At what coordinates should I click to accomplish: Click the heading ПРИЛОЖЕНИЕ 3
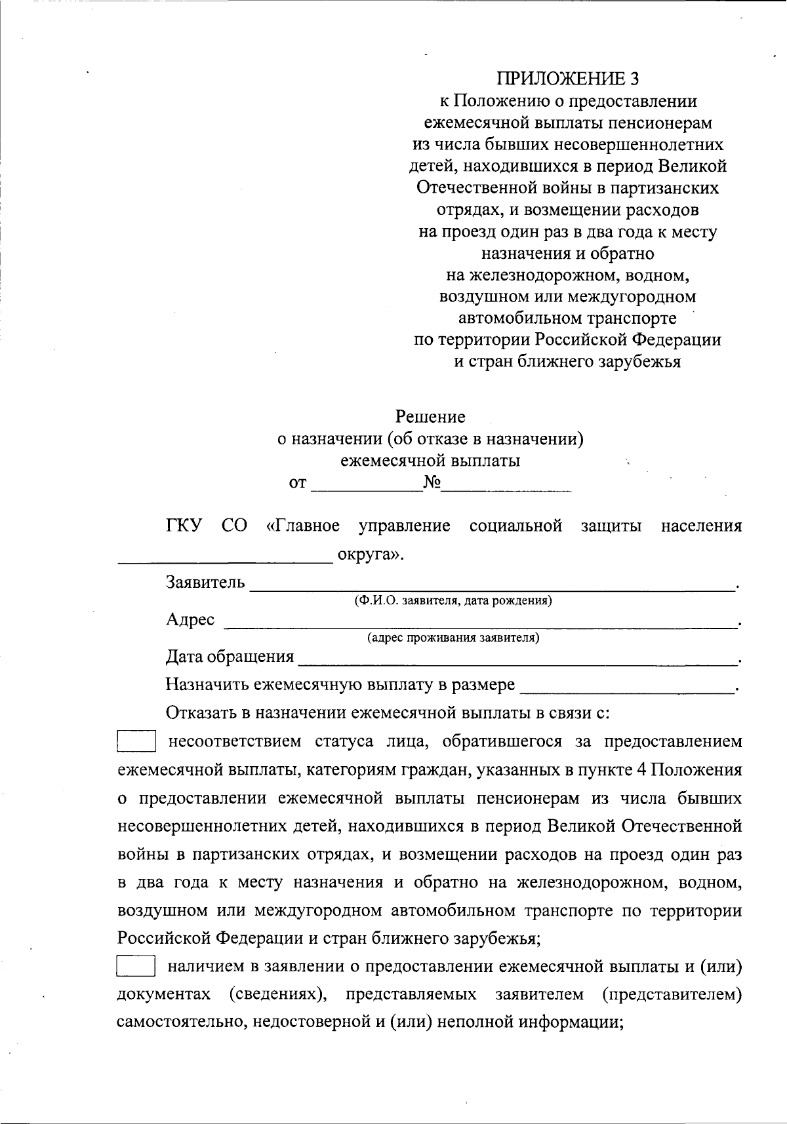pyautogui.click(x=567, y=79)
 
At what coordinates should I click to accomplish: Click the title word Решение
pyautogui.click(x=430, y=417)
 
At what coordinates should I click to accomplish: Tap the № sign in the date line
pyautogui.click(x=432, y=484)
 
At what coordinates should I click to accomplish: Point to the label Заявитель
pyautogui.click(x=205, y=582)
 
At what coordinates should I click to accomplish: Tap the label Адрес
pyautogui.click(x=190, y=619)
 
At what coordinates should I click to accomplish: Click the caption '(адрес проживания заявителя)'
pyautogui.click(x=453, y=638)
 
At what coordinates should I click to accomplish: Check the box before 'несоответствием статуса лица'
pyautogui.click(x=136, y=742)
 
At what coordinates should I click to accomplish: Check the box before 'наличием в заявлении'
pyautogui.click(x=136, y=967)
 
